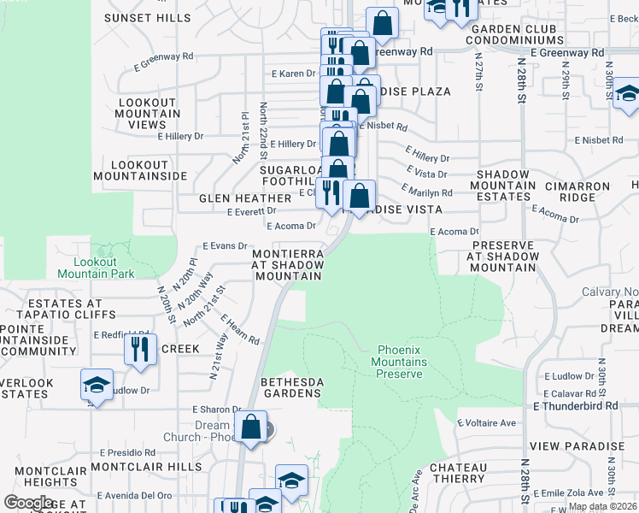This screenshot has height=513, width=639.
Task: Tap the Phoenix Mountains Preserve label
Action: coord(400,362)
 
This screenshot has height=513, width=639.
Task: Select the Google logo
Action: coord(28,503)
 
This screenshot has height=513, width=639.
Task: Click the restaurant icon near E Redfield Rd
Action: coord(138,349)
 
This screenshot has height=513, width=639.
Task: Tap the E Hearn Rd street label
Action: coord(240,330)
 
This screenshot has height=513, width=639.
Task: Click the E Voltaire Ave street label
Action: coord(487,423)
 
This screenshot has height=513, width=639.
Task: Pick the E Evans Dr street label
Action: coord(224,246)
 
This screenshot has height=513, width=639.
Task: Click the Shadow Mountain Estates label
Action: coord(502,186)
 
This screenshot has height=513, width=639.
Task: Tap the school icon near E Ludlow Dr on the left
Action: coord(97,384)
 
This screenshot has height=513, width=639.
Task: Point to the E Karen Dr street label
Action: coord(292,74)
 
